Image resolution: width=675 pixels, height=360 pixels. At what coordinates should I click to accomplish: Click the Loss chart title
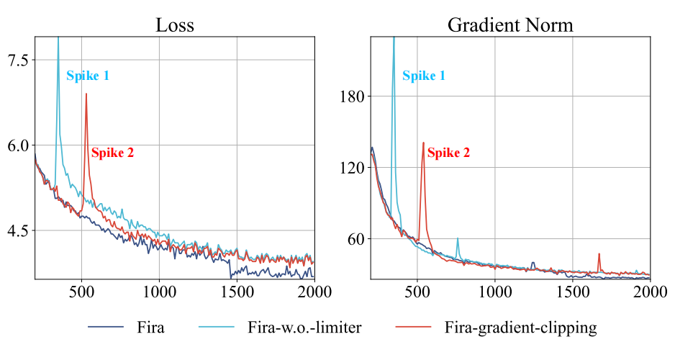click(x=175, y=24)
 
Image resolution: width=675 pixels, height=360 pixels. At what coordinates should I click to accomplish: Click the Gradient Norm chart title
click(x=510, y=24)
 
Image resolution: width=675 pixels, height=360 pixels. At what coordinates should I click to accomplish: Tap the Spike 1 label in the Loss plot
click(x=88, y=76)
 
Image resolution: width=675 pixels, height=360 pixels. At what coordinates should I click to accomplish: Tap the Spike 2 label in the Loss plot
click(x=112, y=153)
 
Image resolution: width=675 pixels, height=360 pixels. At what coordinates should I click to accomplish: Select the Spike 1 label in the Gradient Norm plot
click(x=424, y=76)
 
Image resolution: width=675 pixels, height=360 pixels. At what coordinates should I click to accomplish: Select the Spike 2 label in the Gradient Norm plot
click(x=448, y=153)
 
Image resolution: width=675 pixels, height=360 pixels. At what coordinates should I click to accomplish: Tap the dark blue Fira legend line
click(x=107, y=328)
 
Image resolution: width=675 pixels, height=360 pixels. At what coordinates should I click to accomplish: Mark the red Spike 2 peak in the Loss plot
click(x=86, y=94)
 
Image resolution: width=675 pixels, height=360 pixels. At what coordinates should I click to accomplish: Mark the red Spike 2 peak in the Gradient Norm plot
click(x=423, y=143)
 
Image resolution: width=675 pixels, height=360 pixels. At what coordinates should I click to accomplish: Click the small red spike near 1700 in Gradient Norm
click(x=599, y=254)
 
